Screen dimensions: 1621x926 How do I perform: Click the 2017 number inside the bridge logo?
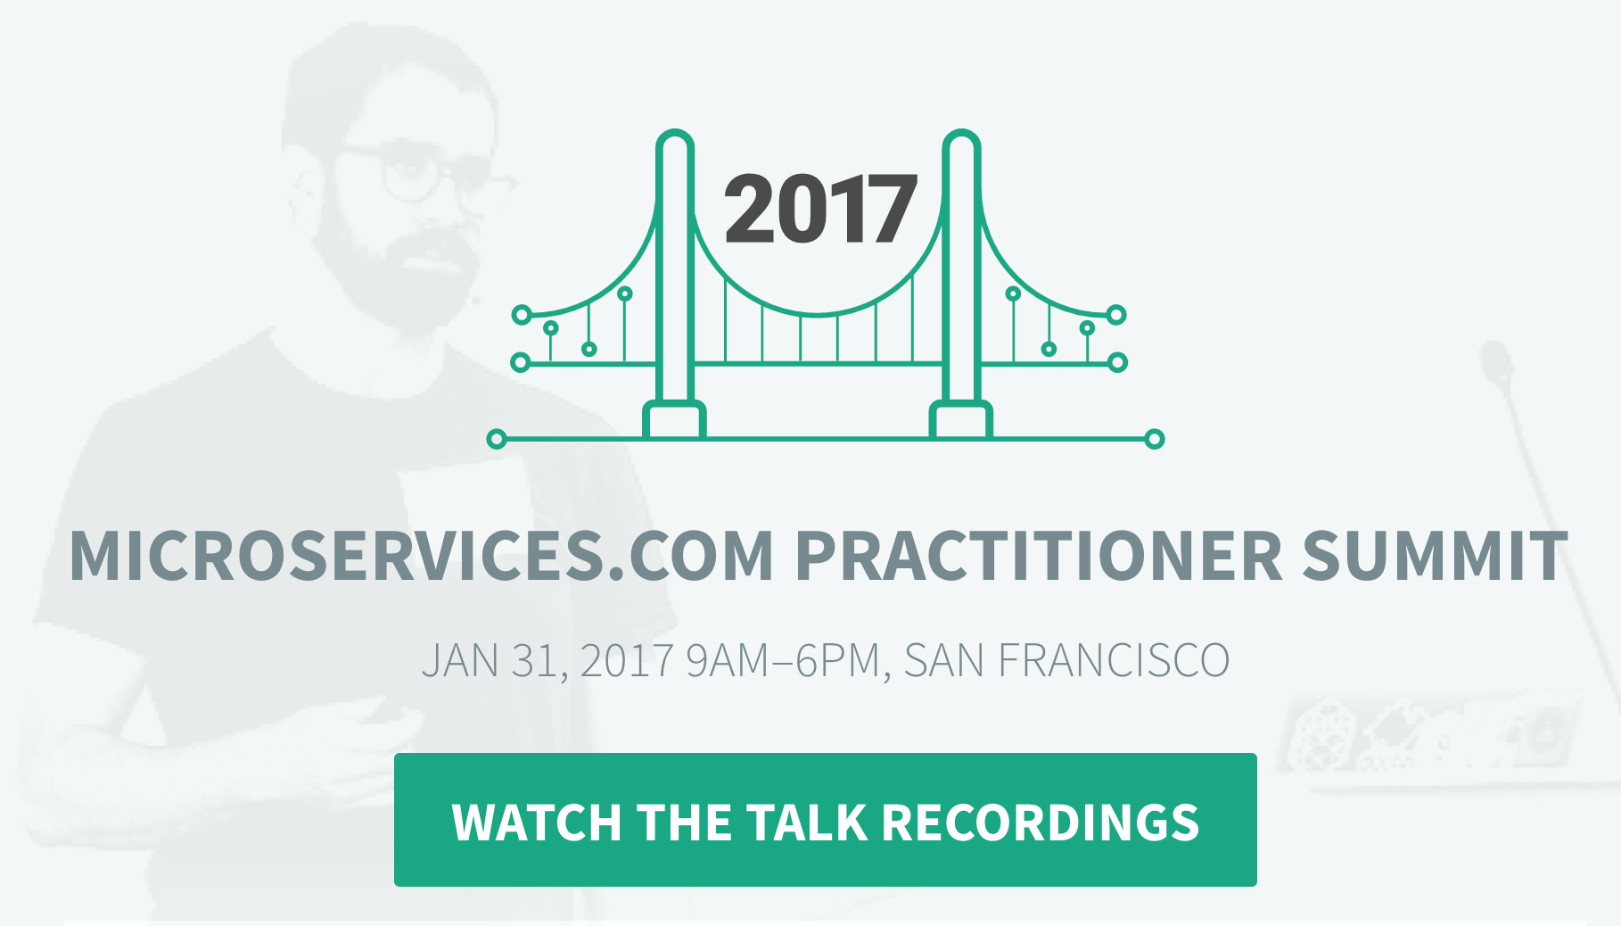pos(820,209)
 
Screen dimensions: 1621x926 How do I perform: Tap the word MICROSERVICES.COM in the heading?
pos(421,557)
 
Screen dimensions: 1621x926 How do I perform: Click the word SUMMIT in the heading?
pos(1435,557)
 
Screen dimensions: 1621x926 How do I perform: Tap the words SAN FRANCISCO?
pos(1066,661)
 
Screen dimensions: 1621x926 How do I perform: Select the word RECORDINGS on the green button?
pos(1041,822)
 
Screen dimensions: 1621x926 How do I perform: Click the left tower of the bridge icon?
pos(675,268)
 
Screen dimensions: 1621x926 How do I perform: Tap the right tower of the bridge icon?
pos(962,268)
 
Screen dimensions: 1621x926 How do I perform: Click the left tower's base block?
pos(675,420)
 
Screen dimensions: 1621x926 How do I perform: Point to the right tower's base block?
pos(961,420)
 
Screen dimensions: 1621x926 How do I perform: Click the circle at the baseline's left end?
pos(497,439)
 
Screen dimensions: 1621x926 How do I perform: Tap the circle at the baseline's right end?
pos(1155,439)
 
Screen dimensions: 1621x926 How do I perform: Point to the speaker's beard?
pos(392,268)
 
